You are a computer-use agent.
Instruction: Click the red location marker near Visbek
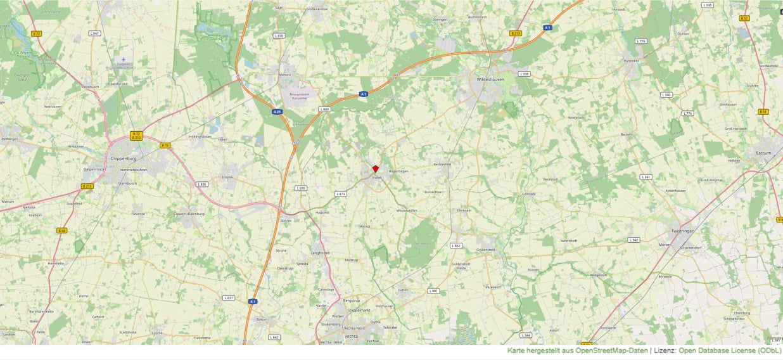pos(375,169)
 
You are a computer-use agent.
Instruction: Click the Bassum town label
pos(763,153)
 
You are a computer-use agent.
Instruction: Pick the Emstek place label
pos(227,177)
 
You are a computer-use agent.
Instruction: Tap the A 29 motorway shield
pos(277,112)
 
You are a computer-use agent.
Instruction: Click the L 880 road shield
pos(324,109)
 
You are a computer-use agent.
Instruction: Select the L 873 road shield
pos(341,193)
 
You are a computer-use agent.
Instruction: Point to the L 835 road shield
pos(202,184)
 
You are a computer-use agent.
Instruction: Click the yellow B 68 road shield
pos(62,230)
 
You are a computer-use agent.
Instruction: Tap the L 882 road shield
pos(456,245)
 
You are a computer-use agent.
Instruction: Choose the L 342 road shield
pos(633,240)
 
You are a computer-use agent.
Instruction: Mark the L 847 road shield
pos(94,33)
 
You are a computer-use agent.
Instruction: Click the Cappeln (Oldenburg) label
pos(188,214)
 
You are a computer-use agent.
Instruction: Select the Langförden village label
pos(320,253)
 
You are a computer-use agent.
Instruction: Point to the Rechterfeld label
pos(442,164)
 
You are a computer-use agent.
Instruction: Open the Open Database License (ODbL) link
pos(730,350)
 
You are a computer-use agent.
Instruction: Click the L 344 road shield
pos(525,335)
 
